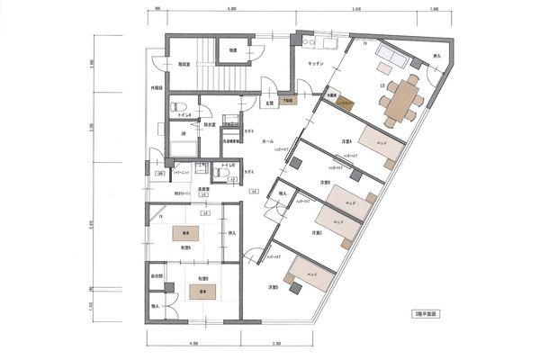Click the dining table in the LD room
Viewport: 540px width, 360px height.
click(402, 97)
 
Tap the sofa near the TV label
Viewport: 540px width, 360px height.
click(392, 58)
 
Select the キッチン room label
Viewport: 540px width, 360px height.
click(316, 64)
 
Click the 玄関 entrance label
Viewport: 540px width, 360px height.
click(268, 103)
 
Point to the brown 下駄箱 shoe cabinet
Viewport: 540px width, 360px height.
click(287, 101)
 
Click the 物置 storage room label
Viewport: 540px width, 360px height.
click(233, 51)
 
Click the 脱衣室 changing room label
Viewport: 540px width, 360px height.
click(209, 126)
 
